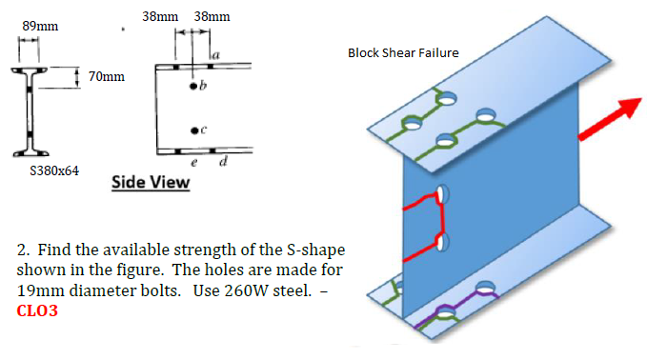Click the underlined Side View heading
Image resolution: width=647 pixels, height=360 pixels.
coord(151,181)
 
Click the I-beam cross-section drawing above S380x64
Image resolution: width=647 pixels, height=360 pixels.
coord(30,112)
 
